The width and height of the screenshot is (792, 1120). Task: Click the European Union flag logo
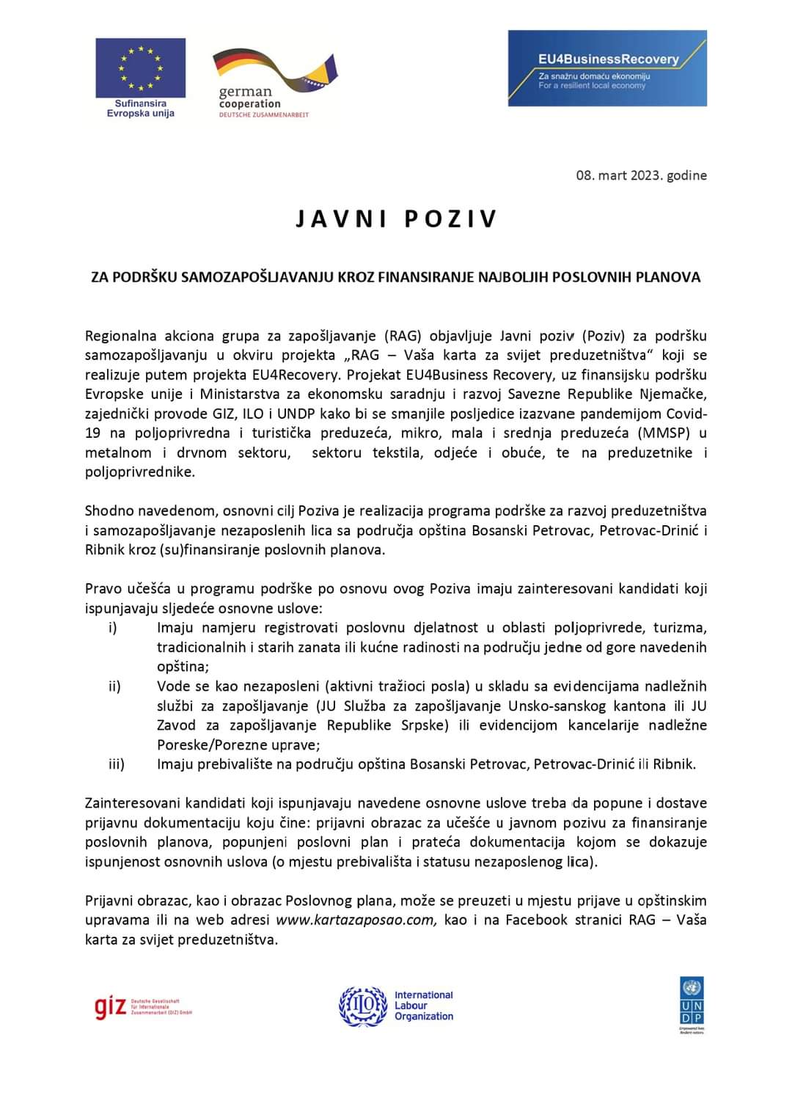(140, 67)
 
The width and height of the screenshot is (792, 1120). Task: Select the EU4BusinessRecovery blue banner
(607, 68)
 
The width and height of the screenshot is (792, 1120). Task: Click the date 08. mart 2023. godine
(641, 175)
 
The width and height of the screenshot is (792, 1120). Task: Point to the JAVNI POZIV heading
(397, 219)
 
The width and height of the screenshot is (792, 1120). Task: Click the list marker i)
(112, 628)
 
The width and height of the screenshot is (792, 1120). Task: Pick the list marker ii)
(114, 687)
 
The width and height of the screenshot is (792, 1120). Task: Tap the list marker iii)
(116, 764)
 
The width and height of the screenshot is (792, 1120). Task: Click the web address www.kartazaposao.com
(356, 920)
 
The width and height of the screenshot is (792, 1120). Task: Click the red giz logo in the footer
(110, 1008)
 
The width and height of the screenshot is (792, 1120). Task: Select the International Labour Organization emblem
(363, 1006)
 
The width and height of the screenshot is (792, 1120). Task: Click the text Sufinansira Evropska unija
(140, 109)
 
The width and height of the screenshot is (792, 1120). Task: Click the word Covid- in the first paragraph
(681, 414)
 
